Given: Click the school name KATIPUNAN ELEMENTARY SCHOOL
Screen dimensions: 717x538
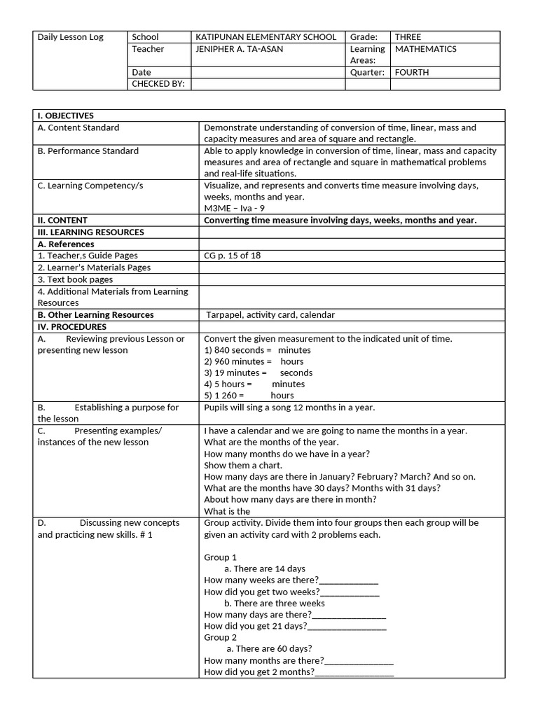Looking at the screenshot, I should tap(265, 37).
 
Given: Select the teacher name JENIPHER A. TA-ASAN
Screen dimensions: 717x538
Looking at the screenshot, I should tap(242, 49).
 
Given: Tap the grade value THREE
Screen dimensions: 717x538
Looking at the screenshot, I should tap(408, 37).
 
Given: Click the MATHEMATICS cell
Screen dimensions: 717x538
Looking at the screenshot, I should tap(426, 49).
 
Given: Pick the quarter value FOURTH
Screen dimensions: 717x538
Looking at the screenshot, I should tap(412, 72).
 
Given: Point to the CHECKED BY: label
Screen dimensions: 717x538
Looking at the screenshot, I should tap(158, 84).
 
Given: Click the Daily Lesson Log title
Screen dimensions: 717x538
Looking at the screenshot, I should tap(70, 37).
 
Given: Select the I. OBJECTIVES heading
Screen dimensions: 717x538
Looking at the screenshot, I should tap(66, 116).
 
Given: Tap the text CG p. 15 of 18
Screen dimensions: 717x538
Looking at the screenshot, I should tap(232, 256).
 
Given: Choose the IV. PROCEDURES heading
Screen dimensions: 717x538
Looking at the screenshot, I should tap(72, 326).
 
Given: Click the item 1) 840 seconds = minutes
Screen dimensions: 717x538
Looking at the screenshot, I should tap(257, 350).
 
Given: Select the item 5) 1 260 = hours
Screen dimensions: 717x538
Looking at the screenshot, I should tap(249, 396).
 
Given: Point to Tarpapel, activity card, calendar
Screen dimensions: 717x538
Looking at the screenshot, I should tap(270, 315).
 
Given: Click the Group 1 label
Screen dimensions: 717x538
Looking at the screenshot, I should tap(220, 557).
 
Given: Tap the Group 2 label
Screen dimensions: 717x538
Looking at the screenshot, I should tap(220, 637).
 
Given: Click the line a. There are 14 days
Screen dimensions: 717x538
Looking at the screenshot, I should tap(264, 569).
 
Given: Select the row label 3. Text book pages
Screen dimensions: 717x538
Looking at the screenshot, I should tap(75, 279).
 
